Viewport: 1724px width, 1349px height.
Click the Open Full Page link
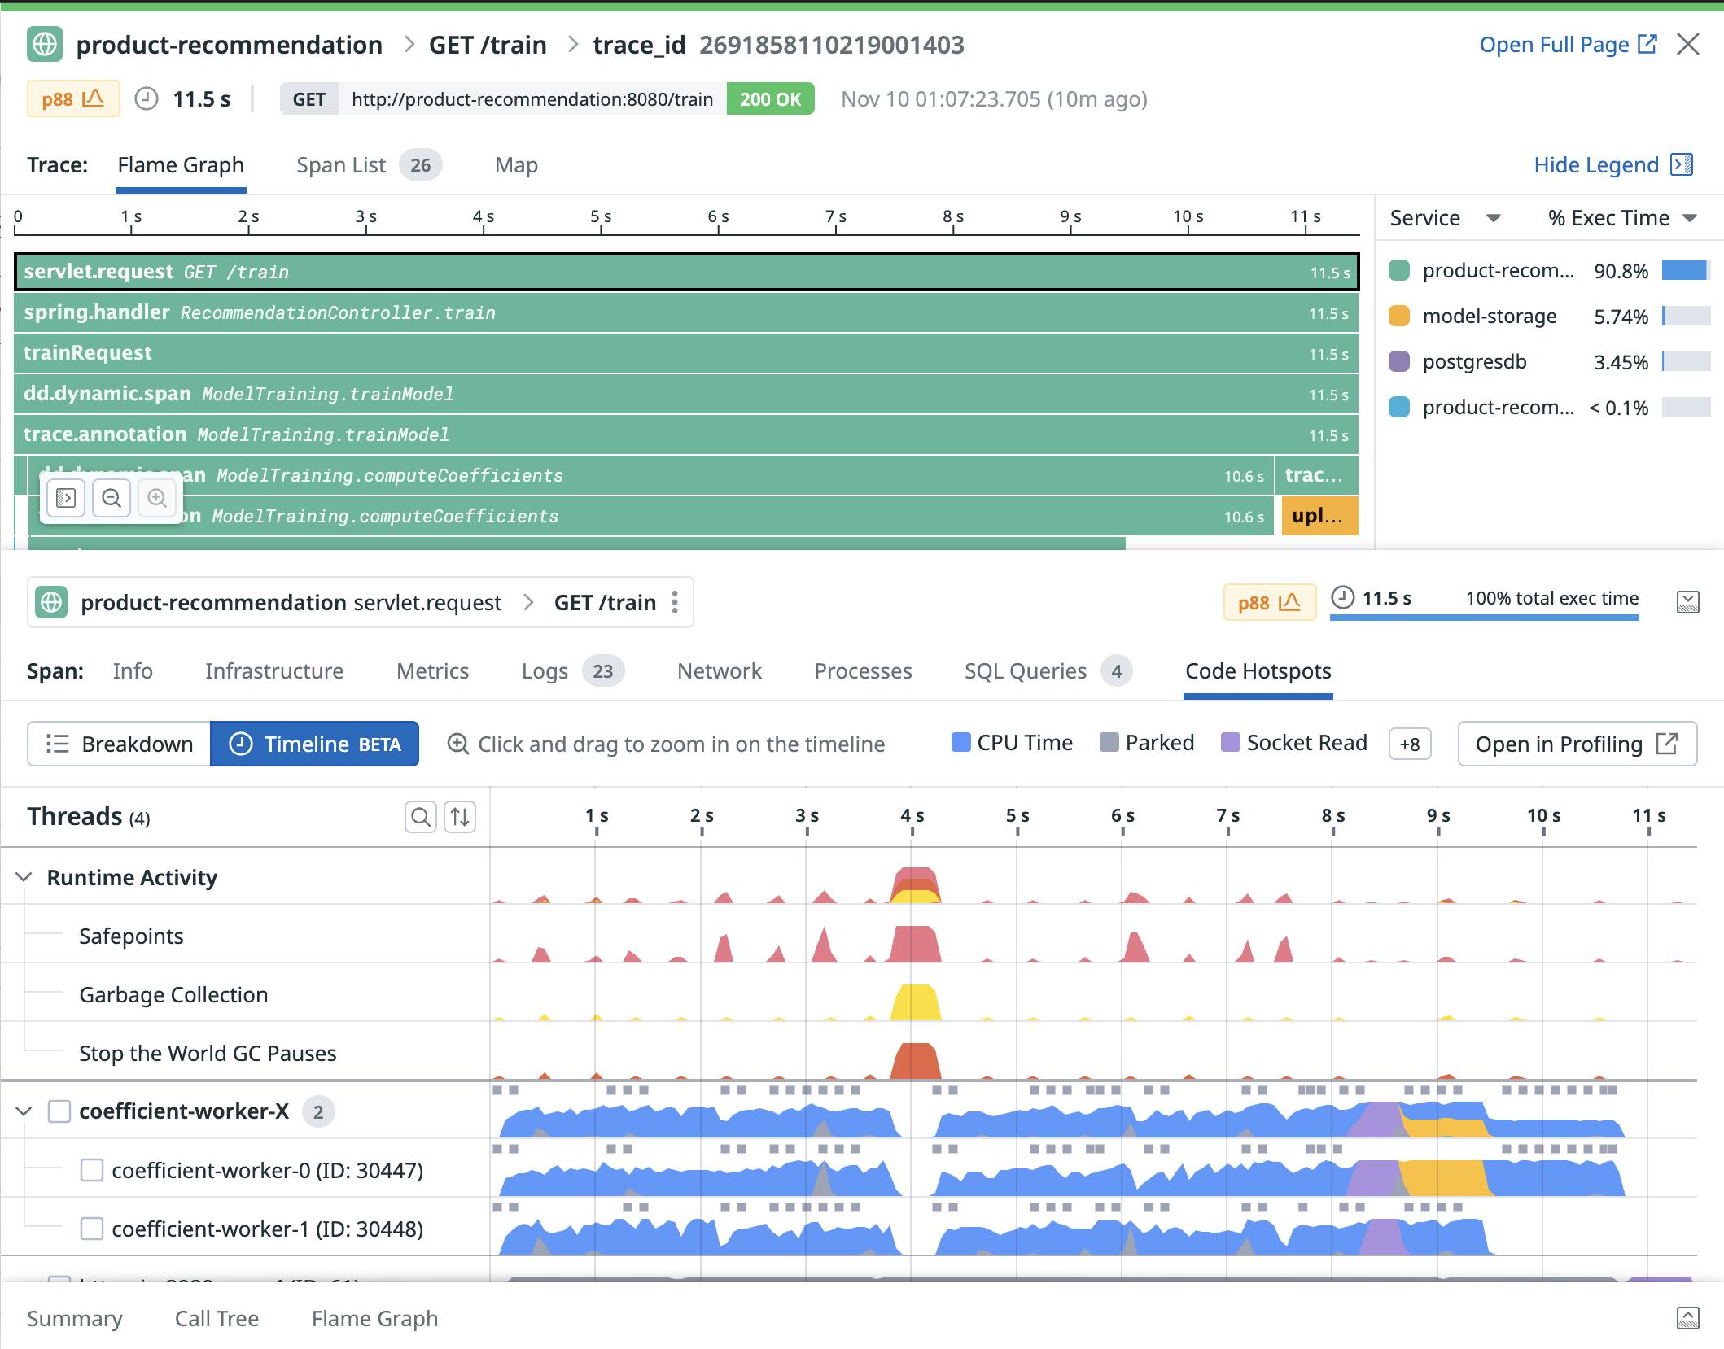coord(1567,45)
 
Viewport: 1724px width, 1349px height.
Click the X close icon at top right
coord(1688,44)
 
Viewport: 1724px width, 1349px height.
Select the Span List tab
coord(341,165)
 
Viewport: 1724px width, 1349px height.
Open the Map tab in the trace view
coord(516,165)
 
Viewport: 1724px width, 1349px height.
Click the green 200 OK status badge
coord(770,99)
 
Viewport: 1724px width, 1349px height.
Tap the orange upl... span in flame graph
coord(1319,516)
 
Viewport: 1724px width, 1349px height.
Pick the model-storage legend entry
coord(1489,317)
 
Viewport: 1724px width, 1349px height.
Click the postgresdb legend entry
coord(1474,362)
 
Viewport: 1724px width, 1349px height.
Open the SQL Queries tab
coord(1025,671)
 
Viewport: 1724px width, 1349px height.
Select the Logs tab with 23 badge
coord(545,671)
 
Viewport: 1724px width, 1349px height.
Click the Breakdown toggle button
coord(120,744)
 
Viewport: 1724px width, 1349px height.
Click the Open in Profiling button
coord(1576,744)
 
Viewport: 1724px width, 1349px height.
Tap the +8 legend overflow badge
coord(1409,744)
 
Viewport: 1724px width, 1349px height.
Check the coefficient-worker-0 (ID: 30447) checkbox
coord(92,1170)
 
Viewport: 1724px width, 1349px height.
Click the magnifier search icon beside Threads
coord(420,816)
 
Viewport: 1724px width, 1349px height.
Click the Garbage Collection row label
coord(173,994)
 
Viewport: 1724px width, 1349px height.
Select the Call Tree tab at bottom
coord(217,1318)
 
